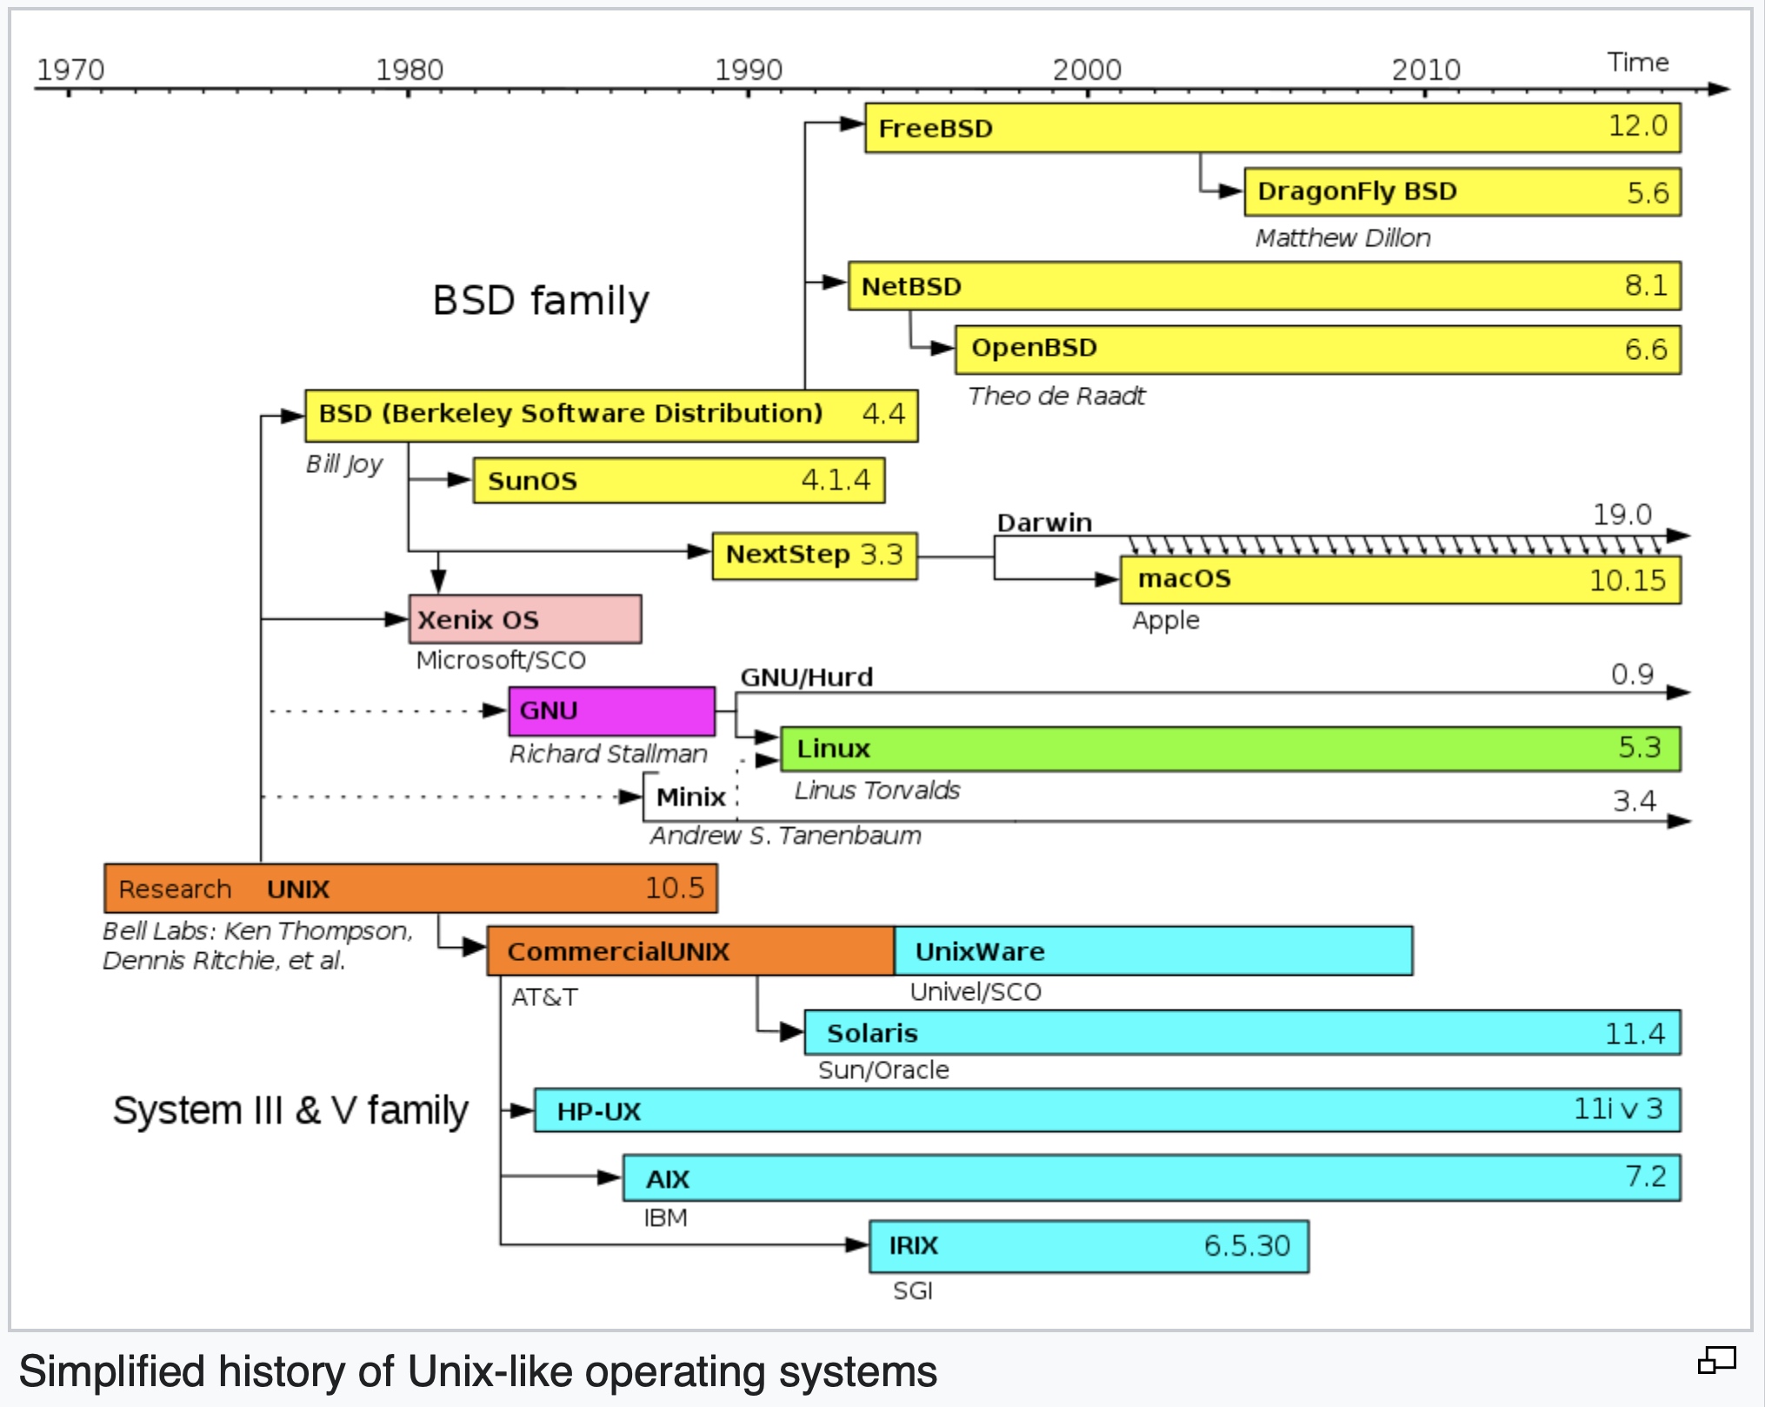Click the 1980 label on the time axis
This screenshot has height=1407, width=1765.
click(x=409, y=70)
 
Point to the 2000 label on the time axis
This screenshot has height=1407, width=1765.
click(x=1087, y=70)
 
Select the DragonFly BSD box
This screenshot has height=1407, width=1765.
click(x=1462, y=192)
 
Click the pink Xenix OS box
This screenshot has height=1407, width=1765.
click(x=525, y=619)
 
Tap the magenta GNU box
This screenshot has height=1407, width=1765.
click(x=611, y=710)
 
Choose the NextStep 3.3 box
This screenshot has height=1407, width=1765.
click(x=814, y=555)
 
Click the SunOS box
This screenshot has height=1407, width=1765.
click(x=678, y=480)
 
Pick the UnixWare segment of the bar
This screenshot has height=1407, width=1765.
click(x=1153, y=950)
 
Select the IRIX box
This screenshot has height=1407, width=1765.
click(x=1089, y=1246)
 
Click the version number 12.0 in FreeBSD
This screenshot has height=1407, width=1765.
click(x=1637, y=126)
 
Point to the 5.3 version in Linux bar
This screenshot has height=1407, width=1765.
click(x=1639, y=747)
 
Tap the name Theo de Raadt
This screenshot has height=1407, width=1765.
click(x=1056, y=397)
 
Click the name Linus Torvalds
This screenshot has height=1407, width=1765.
click(x=876, y=790)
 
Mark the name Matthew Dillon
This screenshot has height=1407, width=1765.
click(x=1342, y=238)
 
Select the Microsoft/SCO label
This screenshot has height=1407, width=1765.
click(x=501, y=660)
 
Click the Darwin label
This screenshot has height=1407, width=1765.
click(x=1044, y=523)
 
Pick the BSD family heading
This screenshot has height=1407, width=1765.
click(x=541, y=301)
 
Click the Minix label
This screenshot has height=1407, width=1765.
click(x=690, y=797)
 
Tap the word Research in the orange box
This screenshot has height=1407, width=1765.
click(x=175, y=889)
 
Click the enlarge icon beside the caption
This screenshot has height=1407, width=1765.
click(x=1716, y=1361)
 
